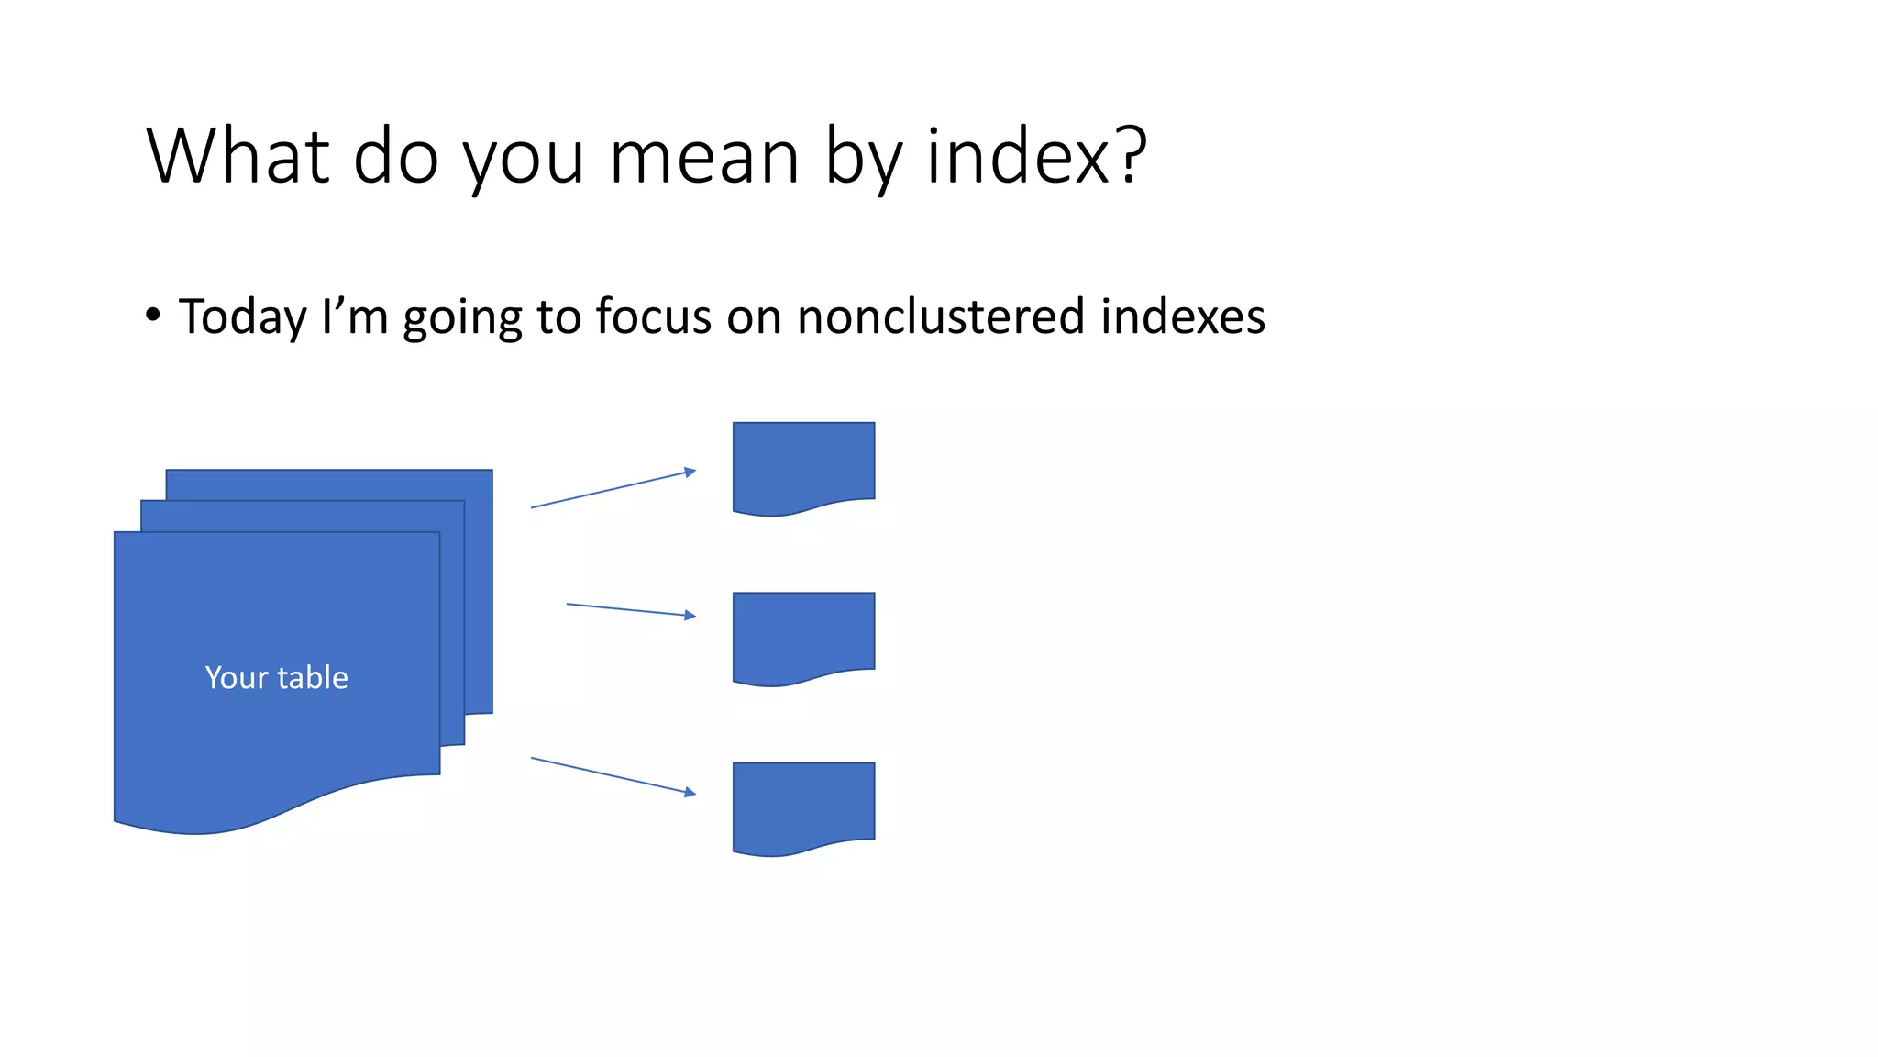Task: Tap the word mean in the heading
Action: click(x=703, y=158)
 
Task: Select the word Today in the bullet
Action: click(x=242, y=317)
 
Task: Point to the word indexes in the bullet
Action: click(x=1183, y=317)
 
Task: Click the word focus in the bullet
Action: click(x=653, y=317)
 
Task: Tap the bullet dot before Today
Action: click(x=153, y=316)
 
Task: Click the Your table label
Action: click(x=276, y=677)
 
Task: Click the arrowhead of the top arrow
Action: click(x=690, y=473)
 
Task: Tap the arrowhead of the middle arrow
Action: click(x=690, y=615)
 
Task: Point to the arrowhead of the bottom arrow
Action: click(x=690, y=792)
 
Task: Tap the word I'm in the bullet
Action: click(x=355, y=317)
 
